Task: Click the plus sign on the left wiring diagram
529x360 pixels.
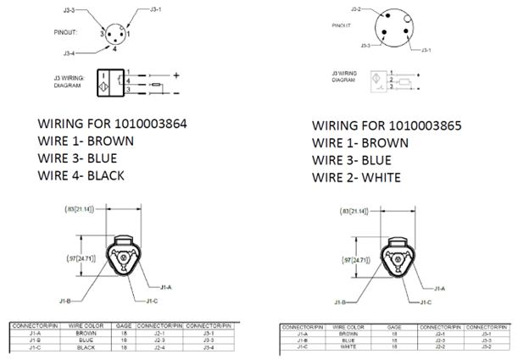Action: (x=177, y=75)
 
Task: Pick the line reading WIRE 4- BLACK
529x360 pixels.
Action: (x=81, y=175)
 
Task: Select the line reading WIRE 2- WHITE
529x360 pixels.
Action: (x=356, y=177)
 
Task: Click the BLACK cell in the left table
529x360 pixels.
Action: (x=84, y=347)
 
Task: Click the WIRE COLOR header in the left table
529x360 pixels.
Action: (x=85, y=325)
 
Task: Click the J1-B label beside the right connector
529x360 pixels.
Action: (x=342, y=302)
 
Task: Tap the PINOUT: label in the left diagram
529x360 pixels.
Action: (x=67, y=33)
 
